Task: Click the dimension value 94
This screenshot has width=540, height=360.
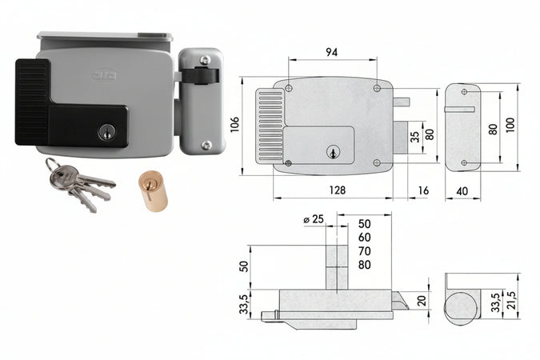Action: point(332,52)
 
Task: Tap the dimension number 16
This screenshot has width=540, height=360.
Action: point(422,190)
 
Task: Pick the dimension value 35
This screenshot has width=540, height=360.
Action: point(414,135)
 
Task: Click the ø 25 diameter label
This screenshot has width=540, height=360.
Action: point(314,219)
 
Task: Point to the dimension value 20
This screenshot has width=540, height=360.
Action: point(422,300)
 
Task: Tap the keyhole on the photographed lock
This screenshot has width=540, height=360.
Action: point(106,131)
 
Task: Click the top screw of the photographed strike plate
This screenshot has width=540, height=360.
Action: point(205,60)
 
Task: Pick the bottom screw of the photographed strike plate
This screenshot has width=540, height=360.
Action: point(206,145)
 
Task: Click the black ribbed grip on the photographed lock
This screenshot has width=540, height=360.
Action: point(32,102)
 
